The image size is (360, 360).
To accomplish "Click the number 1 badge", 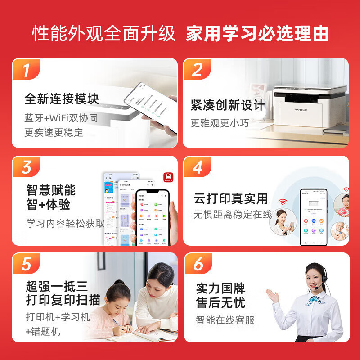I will click(26, 71).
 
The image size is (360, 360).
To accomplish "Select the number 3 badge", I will click(26, 167).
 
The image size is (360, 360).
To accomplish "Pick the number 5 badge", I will click(26, 264).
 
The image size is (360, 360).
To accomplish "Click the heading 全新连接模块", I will click(62, 99).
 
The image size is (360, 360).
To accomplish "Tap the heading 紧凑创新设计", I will click(228, 105).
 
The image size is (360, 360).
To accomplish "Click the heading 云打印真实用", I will click(231, 198).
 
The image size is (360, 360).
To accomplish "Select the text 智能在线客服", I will click(225, 320).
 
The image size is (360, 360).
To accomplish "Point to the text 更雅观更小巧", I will click(219, 122).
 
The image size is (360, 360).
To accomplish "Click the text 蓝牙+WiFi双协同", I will click(61, 118).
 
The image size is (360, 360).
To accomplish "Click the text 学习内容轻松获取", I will click(65, 222).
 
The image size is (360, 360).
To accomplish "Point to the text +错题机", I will click(43, 332).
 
